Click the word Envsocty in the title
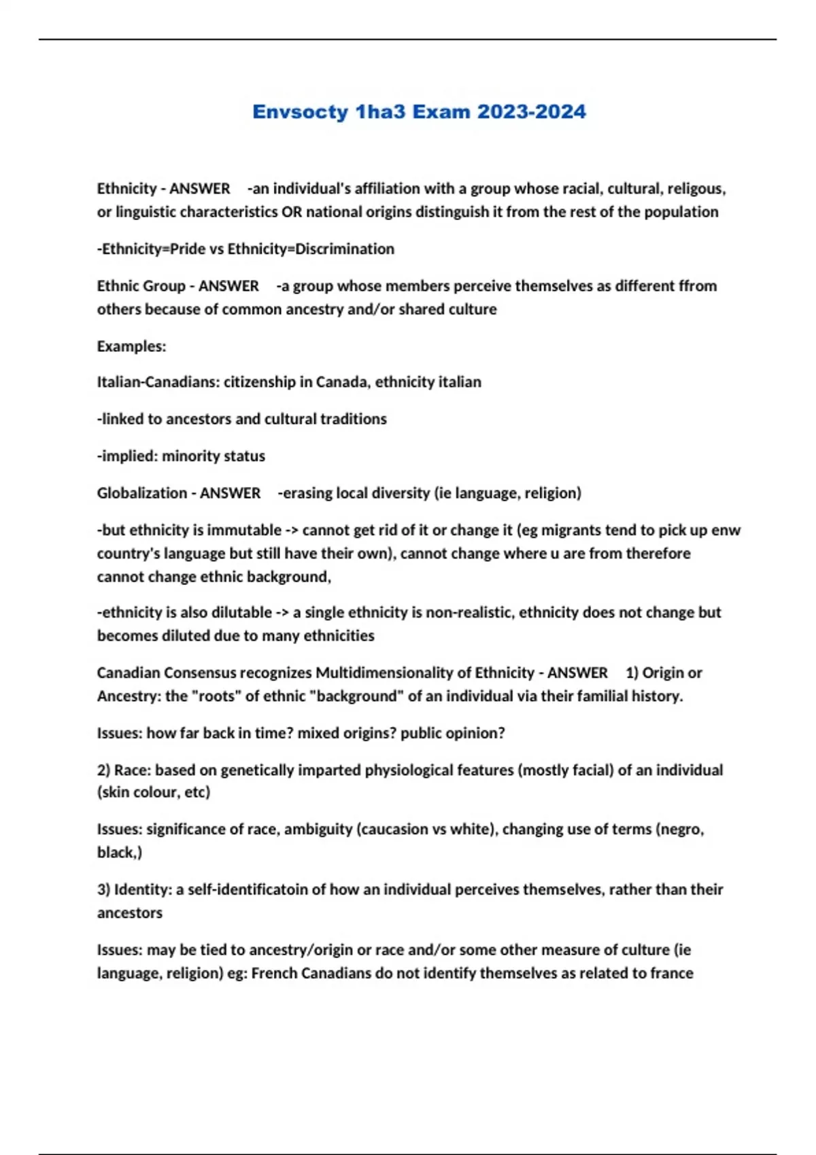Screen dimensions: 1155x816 click(x=300, y=111)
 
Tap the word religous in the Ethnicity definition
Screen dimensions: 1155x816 click(x=696, y=188)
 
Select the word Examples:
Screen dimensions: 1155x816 click(x=131, y=346)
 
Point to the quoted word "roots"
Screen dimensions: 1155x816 click(x=216, y=696)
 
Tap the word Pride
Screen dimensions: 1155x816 click(x=187, y=249)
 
